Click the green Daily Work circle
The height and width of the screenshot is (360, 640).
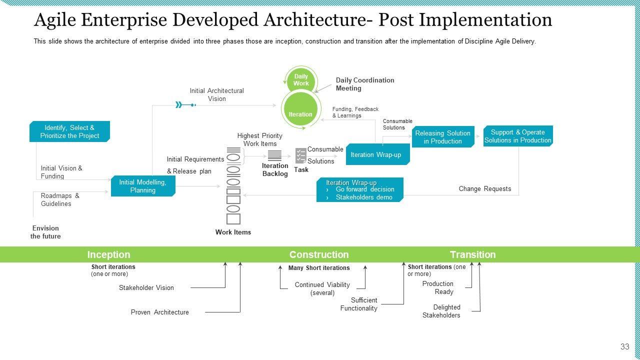[301, 80]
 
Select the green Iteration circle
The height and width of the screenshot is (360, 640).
[300, 111]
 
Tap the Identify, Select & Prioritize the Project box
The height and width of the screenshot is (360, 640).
[69, 131]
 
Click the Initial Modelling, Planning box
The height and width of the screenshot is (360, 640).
[143, 186]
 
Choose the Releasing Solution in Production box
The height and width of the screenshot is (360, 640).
[443, 137]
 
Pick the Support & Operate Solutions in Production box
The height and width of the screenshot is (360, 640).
[518, 136]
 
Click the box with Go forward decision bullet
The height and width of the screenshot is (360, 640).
[360, 190]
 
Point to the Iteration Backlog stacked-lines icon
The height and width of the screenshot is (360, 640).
[274, 155]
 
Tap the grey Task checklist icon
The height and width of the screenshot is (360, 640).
[301, 155]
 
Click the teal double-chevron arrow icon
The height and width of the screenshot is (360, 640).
[179, 104]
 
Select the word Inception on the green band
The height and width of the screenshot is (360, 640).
[108, 254]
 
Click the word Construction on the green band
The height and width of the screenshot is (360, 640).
[319, 254]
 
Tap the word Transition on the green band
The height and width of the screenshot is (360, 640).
[472, 254]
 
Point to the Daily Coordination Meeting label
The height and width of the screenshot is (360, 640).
[365, 84]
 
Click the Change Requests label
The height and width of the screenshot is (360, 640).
[485, 188]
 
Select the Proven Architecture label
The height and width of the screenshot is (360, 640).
[160, 312]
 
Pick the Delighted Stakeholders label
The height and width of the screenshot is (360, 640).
[441, 311]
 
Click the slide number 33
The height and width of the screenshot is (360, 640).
[624, 346]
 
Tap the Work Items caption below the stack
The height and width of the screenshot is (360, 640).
[233, 232]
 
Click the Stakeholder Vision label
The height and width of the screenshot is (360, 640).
[146, 287]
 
